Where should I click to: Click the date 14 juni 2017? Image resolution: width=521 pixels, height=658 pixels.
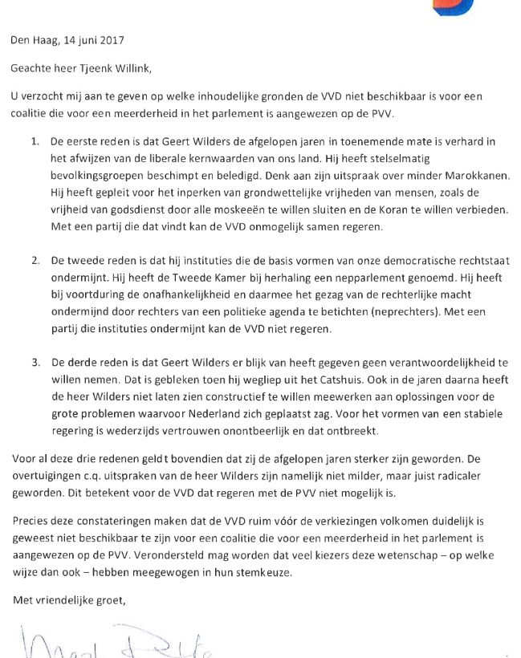click(96, 39)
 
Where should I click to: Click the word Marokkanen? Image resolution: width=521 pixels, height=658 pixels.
click(473, 175)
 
